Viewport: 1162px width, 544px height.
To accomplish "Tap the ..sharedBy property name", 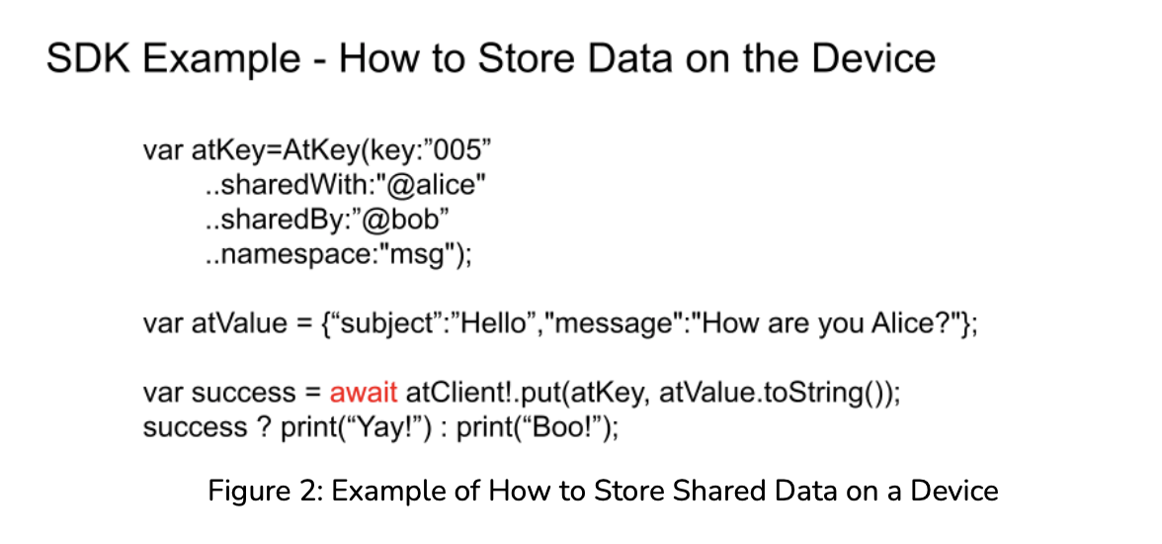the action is coord(277,221).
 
